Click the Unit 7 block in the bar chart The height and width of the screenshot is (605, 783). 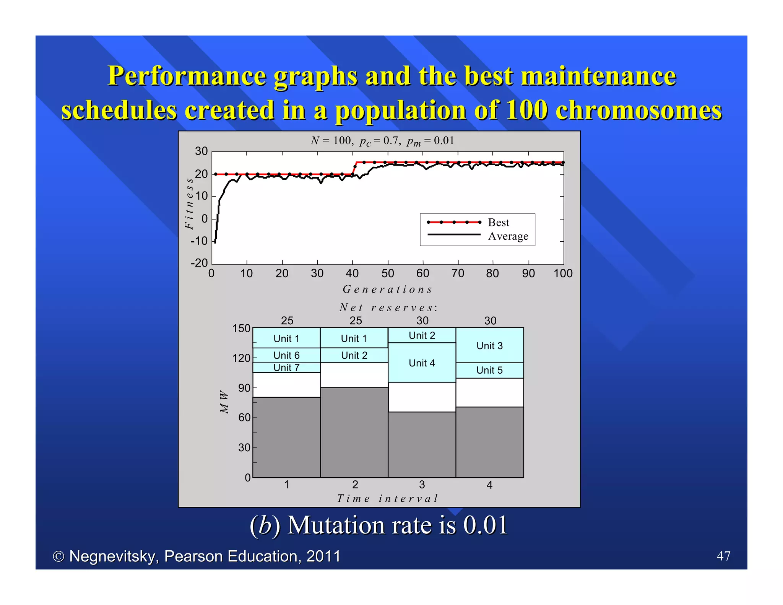(x=286, y=368)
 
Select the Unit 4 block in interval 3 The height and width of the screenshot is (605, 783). (x=422, y=363)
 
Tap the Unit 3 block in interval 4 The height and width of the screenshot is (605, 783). (x=489, y=346)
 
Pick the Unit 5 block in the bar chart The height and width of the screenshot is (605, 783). (x=489, y=370)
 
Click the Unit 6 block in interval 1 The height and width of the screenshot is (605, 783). (x=286, y=355)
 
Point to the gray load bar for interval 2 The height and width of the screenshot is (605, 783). (x=354, y=432)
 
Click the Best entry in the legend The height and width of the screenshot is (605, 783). (x=499, y=223)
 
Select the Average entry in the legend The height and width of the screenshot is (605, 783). (x=508, y=236)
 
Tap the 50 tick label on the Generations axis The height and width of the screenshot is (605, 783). (x=388, y=273)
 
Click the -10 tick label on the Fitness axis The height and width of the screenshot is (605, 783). (x=199, y=241)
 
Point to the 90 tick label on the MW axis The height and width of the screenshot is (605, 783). (x=244, y=388)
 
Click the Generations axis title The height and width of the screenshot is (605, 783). (x=387, y=289)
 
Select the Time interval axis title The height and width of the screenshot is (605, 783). (x=387, y=498)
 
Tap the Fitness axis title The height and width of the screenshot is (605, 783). (x=189, y=203)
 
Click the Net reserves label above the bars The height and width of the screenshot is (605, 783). (x=388, y=307)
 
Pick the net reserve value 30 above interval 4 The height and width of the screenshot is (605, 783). (x=490, y=320)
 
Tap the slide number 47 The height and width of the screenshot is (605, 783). (x=723, y=556)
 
